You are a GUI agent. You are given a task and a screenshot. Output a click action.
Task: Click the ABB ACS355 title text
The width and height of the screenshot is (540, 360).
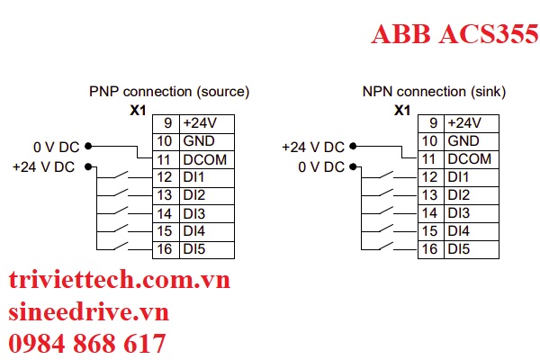click(x=454, y=33)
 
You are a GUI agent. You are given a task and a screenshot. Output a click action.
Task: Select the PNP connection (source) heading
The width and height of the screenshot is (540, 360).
click(x=168, y=92)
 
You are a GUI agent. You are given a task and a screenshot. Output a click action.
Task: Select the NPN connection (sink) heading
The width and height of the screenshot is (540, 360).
click(x=434, y=92)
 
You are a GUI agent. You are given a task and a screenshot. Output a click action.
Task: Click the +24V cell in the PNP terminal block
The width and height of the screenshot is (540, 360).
click(x=200, y=123)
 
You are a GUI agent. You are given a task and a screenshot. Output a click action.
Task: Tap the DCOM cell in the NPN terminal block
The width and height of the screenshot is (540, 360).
click(x=470, y=159)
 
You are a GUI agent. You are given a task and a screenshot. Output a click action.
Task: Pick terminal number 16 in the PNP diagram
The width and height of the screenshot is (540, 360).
click(x=164, y=248)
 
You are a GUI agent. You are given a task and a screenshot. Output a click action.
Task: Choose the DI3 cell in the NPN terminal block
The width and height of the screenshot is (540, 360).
click(x=459, y=212)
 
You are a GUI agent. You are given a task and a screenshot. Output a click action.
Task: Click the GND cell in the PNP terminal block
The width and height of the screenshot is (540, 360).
click(x=198, y=141)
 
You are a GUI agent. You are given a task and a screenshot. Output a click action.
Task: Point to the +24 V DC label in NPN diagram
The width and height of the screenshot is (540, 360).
click(x=312, y=147)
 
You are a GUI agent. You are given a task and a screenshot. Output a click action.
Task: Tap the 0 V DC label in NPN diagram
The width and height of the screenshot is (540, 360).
click(x=322, y=166)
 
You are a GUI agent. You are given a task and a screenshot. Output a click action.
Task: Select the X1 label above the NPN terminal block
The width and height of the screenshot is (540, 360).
click(x=402, y=109)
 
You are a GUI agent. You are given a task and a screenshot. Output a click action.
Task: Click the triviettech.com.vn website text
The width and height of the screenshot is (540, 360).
click(x=119, y=281)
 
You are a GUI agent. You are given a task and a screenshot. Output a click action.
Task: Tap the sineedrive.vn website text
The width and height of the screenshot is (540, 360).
click(x=88, y=312)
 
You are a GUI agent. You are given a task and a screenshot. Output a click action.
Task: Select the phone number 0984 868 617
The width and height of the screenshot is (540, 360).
click(x=87, y=343)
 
